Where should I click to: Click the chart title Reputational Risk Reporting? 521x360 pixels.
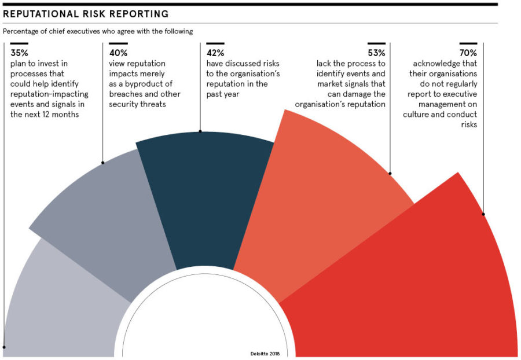point(86,13)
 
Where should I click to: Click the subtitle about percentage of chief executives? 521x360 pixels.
point(98,31)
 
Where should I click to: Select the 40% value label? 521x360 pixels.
point(118,53)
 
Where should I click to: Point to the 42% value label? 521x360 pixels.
point(216,53)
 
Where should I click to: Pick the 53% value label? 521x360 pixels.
point(376,53)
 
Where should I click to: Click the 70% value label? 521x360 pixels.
point(468,53)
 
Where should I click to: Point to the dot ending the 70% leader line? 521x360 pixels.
point(483,214)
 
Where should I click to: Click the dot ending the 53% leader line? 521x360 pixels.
point(390,173)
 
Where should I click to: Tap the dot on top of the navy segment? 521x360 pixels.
point(200,131)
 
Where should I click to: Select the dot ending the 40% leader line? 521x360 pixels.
point(102,163)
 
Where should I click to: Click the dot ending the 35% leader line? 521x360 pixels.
point(4,347)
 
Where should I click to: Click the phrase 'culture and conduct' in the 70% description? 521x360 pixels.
point(441,115)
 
